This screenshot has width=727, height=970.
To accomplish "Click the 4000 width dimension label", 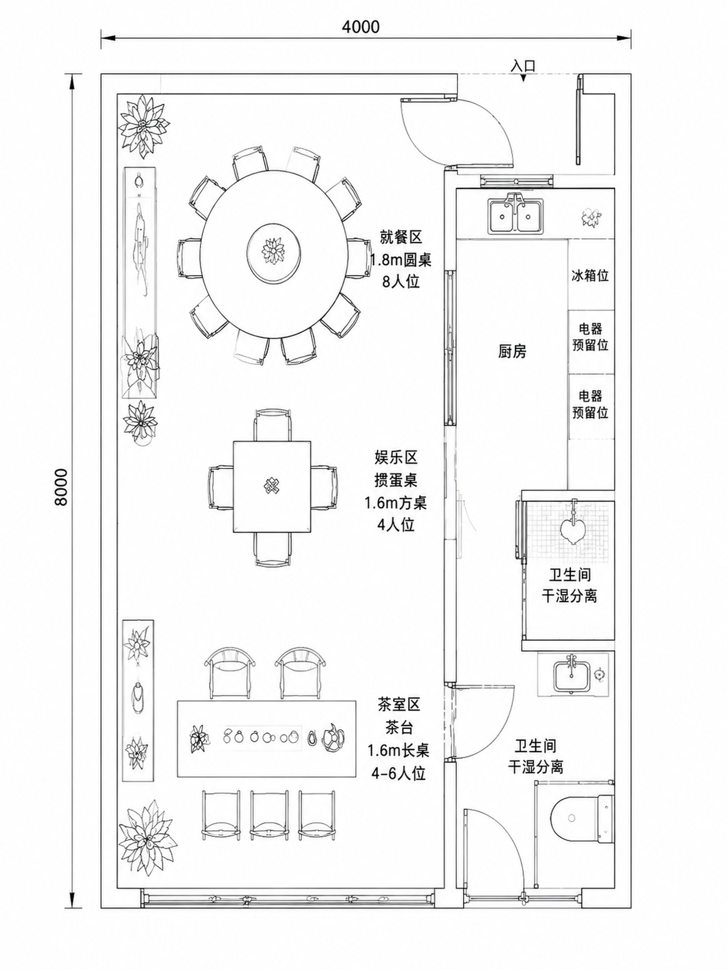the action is click(x=361, y=27).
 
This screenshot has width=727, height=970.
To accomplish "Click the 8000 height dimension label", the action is click(x=62, y=487).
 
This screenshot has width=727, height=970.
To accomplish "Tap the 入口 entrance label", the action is click(x=523, y=65).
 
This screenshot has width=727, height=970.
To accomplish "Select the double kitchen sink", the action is click(x=516, y=214).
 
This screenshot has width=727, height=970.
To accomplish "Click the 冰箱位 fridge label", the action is click(x=590, y=276).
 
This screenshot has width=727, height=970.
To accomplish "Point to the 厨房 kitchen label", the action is click(x=512, y=351).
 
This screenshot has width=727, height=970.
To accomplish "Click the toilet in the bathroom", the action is click(x=583, y=818).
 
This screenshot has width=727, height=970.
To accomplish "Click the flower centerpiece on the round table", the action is click(x=273, y=250).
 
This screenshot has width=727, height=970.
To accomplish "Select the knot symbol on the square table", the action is click(x=272, y=485).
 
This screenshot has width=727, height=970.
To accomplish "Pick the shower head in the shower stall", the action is click(x=574, y=524).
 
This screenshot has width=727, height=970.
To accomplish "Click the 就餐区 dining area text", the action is click(x=400, y=237).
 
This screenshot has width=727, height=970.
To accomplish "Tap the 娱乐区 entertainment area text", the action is click(x=396, y=458).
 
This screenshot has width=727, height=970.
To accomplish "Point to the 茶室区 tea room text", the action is click(x=399, y=704).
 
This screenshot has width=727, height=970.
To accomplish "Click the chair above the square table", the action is click(x=272, y=424).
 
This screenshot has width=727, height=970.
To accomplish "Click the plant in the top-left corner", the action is click(x=144, y=126).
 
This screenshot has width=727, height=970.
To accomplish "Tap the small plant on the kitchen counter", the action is click(x=592, y=217).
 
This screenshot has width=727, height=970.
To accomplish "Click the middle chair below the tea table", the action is click(x=269, y=815).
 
